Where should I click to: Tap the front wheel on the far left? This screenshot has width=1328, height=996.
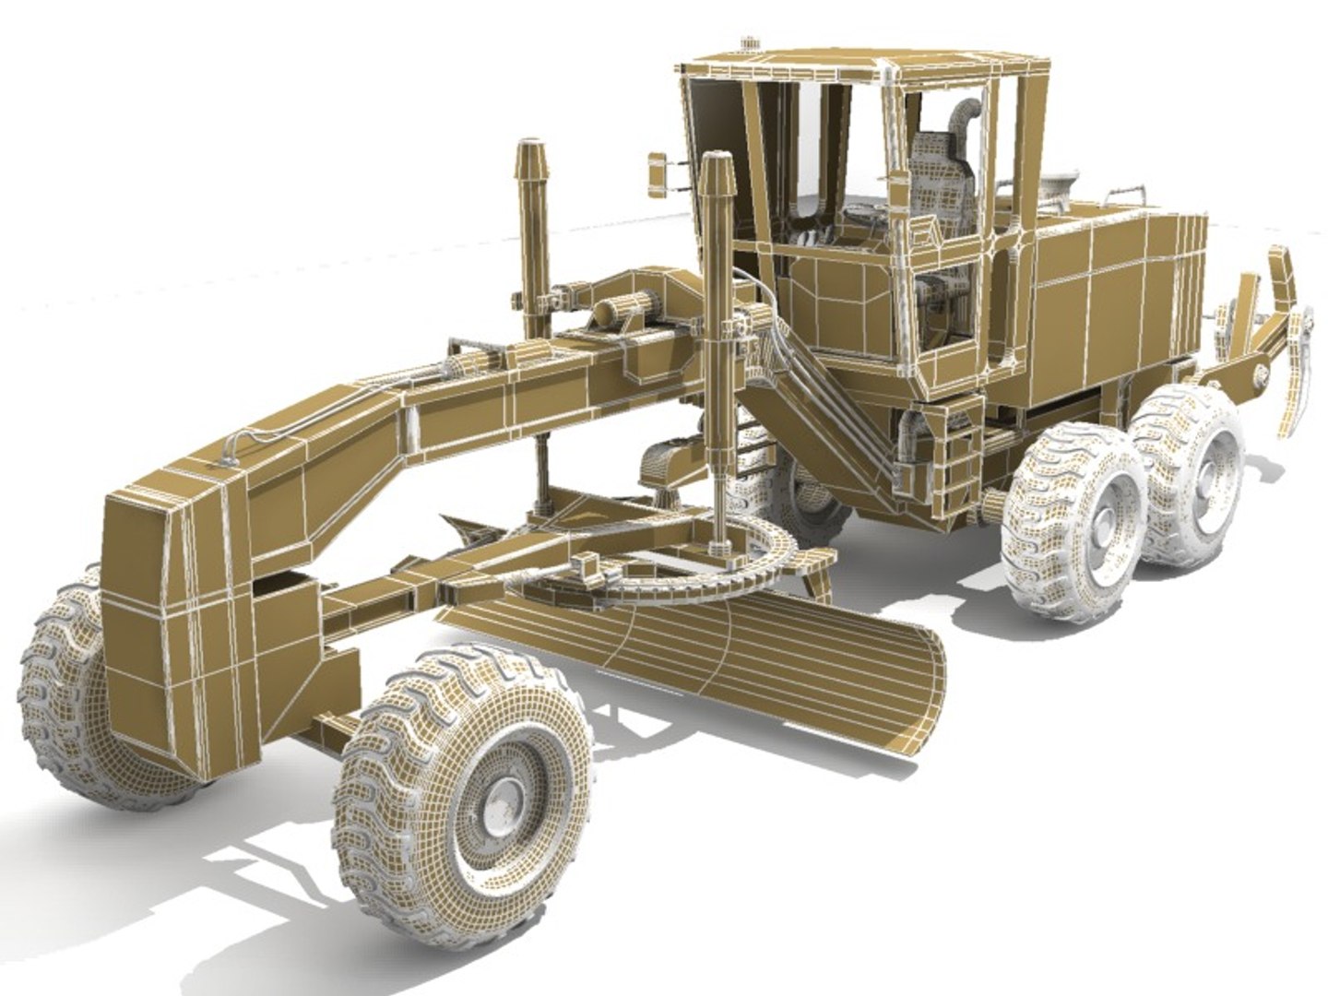(65, 701)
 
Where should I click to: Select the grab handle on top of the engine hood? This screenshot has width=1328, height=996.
(1126, 193)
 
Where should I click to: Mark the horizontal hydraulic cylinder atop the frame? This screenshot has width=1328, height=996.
(627, 309)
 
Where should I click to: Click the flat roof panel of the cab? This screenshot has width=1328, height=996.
(867, 65)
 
